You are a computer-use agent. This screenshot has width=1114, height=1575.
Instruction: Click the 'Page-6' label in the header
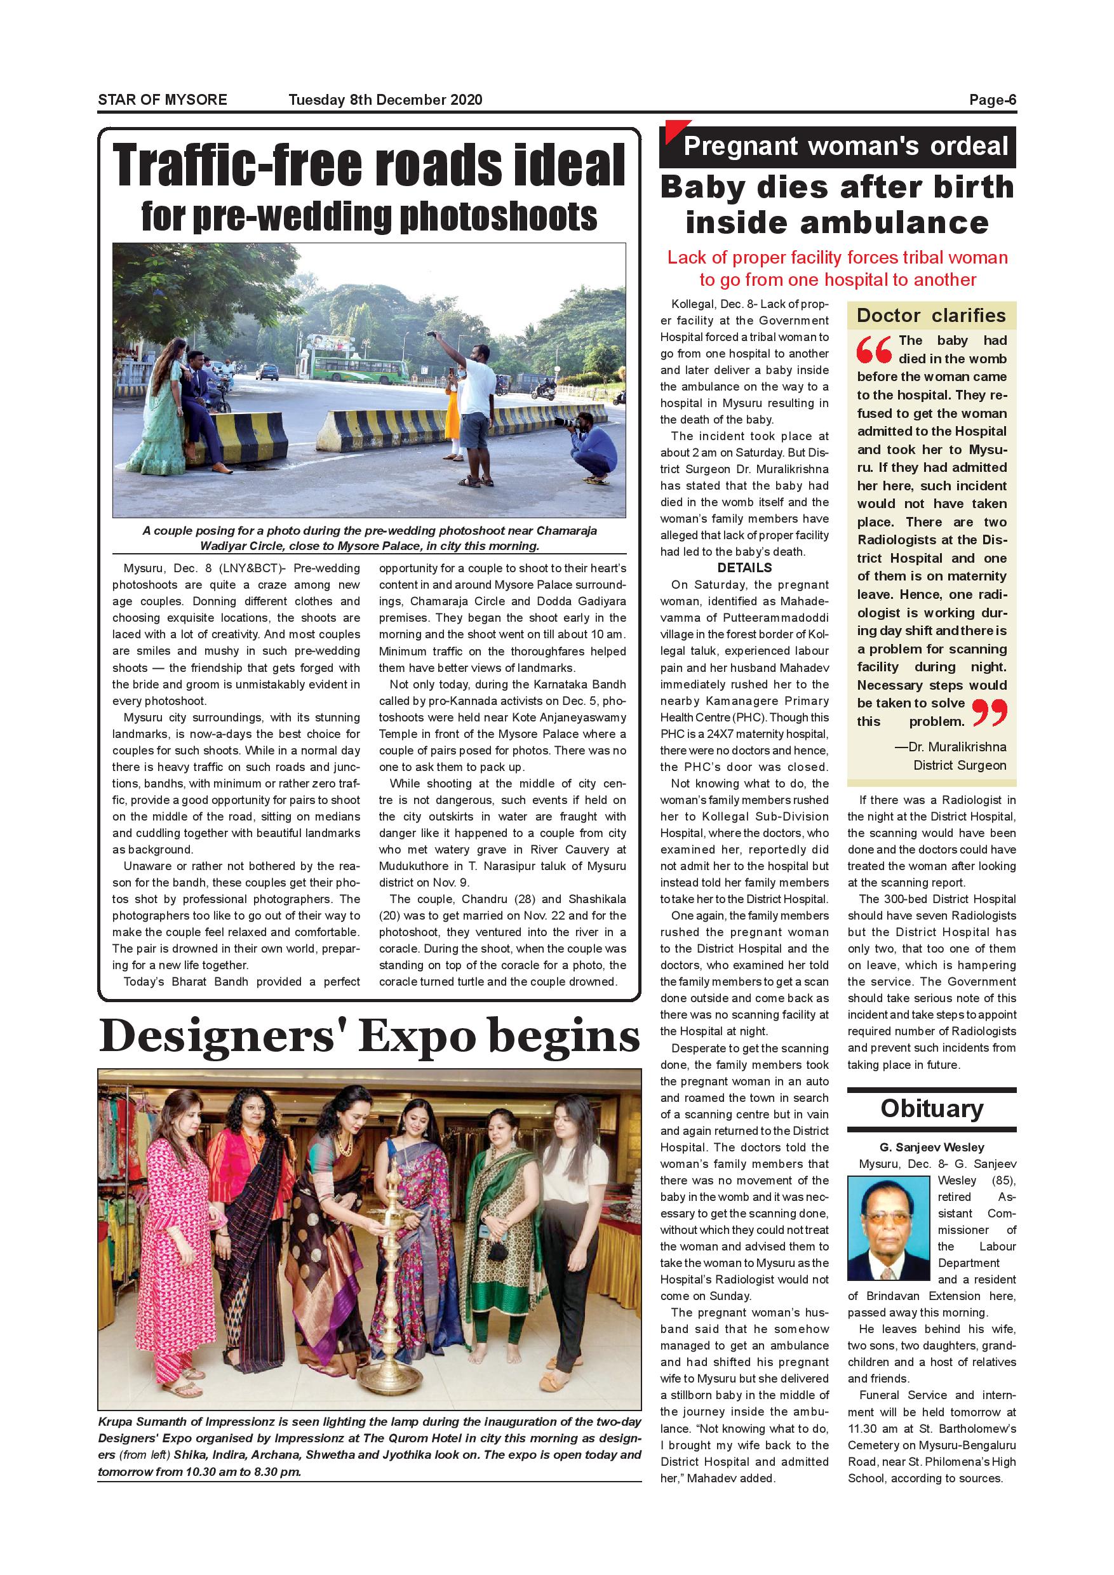(x=992, y=100)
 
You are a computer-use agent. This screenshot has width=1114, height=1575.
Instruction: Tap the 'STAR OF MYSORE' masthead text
(x=163, y=100)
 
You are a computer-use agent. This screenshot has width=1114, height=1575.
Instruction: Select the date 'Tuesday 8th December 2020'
(x=385, y=100)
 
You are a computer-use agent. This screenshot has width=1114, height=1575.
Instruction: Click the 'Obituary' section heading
(x=932, y=1109)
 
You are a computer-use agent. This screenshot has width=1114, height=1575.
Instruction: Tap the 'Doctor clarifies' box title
(x=931, y=316)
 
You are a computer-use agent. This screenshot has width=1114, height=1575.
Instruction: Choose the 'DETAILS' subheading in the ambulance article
(x=744, y=568)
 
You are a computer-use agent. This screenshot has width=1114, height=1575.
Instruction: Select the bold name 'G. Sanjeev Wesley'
(x=932, y=1147)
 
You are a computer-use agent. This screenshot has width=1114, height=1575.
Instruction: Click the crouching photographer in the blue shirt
(x=589, y=445)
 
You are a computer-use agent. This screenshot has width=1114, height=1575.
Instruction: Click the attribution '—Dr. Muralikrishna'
(x=950, y=747)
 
